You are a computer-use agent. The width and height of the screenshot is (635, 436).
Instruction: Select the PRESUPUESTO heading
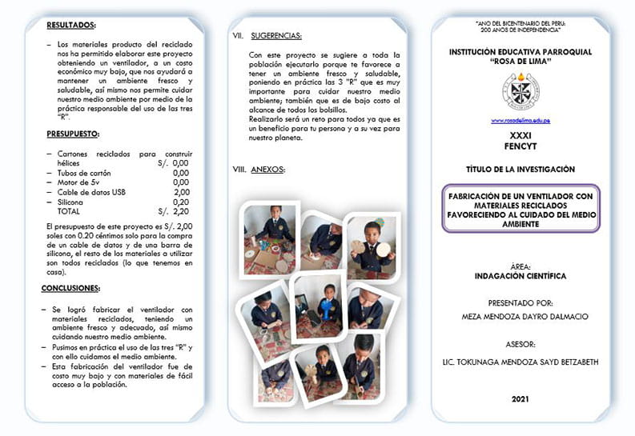(73, 134)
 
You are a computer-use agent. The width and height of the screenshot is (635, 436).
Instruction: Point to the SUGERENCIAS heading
(275, 36)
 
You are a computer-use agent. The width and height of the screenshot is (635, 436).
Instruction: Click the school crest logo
(520, 91)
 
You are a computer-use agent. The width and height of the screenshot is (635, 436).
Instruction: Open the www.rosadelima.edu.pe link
(520, 121)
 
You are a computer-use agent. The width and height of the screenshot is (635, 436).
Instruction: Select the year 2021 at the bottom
(520, 398)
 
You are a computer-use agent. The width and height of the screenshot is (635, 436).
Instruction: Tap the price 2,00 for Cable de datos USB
(182, 192)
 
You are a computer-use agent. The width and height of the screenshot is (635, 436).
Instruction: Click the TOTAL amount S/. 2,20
(174, 212)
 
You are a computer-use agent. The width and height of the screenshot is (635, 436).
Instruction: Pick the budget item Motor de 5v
(78, 182)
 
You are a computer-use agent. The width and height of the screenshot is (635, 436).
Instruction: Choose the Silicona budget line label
(73, 202)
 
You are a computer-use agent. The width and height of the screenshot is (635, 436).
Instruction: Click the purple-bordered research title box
(520, 209)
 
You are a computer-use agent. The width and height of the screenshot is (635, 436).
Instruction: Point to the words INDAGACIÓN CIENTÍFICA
(520, 276)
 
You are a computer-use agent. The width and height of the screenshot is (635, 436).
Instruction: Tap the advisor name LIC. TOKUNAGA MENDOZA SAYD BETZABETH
(520, 362)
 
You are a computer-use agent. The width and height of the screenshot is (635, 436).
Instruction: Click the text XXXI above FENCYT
(520, 137)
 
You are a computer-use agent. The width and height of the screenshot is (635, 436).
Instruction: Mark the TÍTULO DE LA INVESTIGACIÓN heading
(520, 170)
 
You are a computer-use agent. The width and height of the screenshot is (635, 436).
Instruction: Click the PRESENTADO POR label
(520, 303)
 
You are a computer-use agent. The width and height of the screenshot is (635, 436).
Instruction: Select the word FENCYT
(520, 148)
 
